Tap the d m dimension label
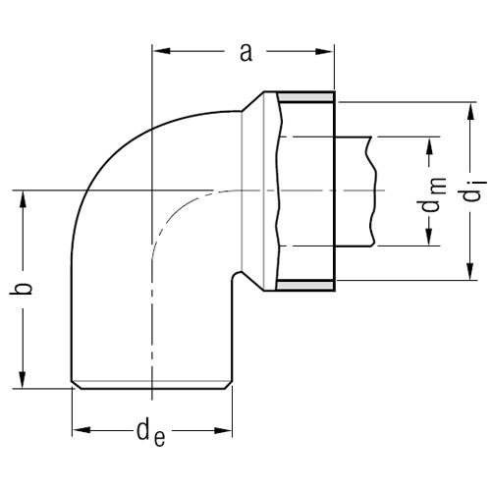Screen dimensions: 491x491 pos(431,192)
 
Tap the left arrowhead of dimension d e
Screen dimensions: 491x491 pos(79,430)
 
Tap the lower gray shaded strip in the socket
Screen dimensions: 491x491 pos(307,284)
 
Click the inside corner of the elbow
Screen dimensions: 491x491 pos(233,277)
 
